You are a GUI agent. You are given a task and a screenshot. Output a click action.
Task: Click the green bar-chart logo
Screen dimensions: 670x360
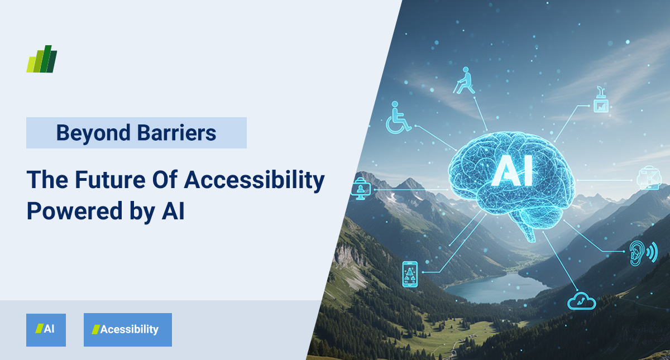41,59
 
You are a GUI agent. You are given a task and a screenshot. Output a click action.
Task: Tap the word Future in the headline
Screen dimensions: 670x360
110,179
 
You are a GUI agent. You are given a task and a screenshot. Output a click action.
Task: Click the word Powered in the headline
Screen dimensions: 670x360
75,211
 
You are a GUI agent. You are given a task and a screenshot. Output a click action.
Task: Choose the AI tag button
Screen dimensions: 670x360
46,330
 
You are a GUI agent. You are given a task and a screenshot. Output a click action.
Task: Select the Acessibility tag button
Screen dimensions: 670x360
128,330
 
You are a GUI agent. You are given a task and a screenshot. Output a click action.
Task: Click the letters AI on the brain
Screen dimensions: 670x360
512,170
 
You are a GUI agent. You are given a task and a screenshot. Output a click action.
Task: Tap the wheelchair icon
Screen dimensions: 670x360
398,117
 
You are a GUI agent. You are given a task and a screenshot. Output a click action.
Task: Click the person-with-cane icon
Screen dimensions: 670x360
464,80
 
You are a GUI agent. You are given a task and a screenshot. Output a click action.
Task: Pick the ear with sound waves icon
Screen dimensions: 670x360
643,253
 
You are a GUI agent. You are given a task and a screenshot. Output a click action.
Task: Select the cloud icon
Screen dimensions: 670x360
581,301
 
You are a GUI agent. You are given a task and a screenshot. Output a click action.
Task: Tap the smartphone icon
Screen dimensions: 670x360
410,274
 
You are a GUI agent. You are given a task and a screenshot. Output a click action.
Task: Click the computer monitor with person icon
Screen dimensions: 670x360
361,189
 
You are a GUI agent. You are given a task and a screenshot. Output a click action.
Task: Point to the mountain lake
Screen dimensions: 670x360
496,287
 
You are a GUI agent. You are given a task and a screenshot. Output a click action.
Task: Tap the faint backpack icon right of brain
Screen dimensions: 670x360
648,177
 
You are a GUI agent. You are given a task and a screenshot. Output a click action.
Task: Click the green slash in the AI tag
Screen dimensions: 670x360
39,329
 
